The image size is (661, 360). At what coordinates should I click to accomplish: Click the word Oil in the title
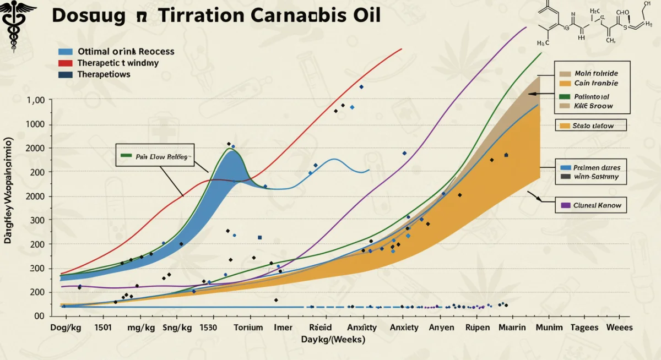(365, 15)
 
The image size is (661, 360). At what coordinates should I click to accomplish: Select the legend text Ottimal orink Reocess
(126, 51)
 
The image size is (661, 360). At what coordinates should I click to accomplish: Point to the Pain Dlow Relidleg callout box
(156, 156)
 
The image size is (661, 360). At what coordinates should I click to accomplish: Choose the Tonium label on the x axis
(248, 327)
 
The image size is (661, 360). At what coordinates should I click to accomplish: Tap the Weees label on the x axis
(619, 327)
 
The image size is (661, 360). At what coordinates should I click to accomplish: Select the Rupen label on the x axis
(478, 327)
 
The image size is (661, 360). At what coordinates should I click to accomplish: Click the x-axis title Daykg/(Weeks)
(333, 340)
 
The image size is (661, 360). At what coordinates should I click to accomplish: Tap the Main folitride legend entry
(595, 73)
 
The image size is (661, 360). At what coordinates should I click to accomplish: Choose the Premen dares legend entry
(597, 167)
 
